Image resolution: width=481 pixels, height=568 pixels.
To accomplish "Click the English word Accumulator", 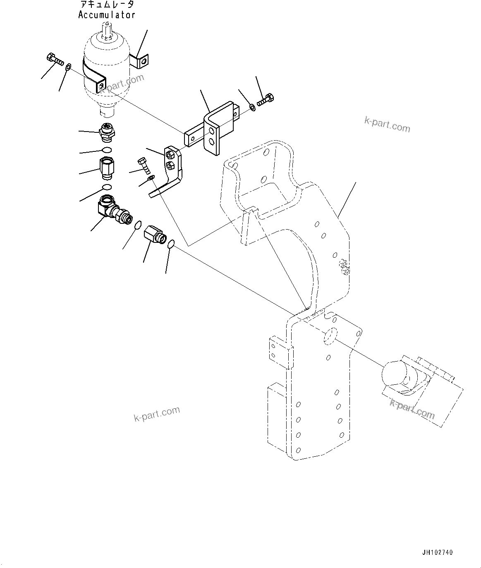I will point(107,15).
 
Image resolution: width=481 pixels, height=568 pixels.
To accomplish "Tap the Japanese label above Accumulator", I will point(107,5).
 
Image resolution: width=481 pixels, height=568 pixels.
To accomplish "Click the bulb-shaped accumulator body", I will point(106,66).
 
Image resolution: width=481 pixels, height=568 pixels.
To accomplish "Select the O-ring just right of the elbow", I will point(139,225).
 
